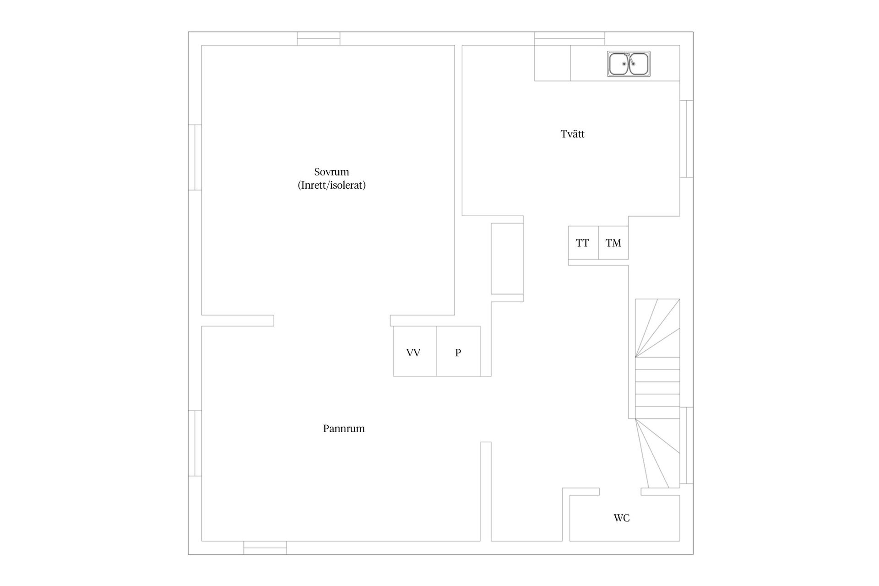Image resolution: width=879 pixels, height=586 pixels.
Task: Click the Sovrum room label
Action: (x=331, y=172)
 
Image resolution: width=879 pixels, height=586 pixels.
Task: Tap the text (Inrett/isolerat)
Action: (x=331, y=185)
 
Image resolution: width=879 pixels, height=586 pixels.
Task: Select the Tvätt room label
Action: (x=572, y=134)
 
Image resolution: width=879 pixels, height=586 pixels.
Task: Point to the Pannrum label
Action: (x=344, y=429)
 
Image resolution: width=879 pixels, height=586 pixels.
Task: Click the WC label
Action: (x=621, y=518)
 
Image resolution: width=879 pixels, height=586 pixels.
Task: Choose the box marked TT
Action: (x=583, y=243)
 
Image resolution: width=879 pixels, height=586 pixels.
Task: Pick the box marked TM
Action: (x=613, y=243)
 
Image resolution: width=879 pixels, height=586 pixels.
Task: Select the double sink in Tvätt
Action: (x=629, y=64)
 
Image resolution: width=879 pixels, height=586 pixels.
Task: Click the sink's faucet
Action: (x=628, y=57)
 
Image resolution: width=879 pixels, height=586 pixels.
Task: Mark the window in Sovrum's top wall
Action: (x=319, y=38)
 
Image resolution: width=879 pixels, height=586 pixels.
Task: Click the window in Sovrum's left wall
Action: (x=195, y=157)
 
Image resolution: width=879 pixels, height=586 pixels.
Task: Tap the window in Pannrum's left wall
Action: (x=195, y=443)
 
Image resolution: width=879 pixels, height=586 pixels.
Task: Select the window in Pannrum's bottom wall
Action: (x=265, y=548)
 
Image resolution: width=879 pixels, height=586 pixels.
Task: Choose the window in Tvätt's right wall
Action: (x=686, y=139)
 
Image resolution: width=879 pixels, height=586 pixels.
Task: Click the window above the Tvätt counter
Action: (x=570, y=38)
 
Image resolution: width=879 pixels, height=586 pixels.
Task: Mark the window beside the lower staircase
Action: (x=686, y=445)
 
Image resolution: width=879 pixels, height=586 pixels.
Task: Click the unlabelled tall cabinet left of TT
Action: (x=507, y=259)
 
